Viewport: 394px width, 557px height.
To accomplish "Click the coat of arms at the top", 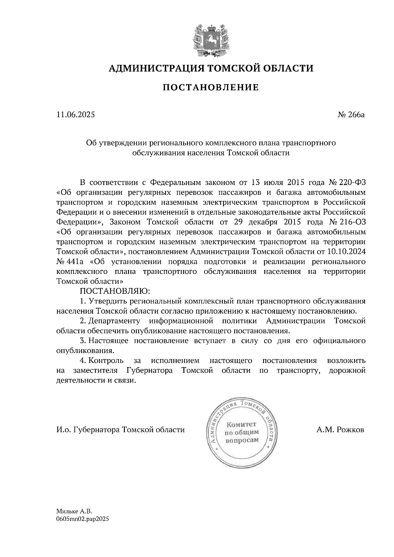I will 210,39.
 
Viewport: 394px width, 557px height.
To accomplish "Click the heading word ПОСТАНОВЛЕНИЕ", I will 210,87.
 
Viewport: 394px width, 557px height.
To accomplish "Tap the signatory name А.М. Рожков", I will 340,430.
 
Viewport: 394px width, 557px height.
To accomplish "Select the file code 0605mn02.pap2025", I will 82,519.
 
